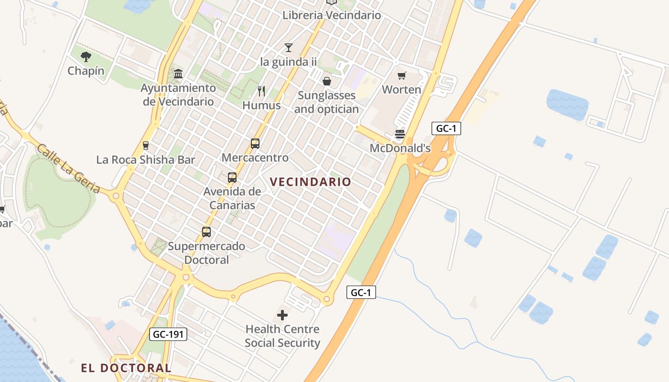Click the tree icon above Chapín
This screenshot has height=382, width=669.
pyautogui.click(x=86, y=57)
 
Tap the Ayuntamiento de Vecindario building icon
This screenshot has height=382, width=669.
pyautogui.click(x=178, y=74)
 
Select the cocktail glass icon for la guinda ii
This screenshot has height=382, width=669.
pyautogui.click(x=288, y=47)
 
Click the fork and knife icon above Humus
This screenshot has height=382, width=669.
pyautogui.click(x=261, y=91)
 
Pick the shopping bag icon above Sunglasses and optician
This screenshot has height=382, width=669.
pyautogui.click(x=327, y=81)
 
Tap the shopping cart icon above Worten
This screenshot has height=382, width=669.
pyautogui.click(x=401, y=75)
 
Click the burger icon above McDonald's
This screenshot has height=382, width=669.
pyautogui.click(x=400, y=134)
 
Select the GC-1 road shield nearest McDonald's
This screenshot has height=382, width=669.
pyautogui.click(x=446, y=128)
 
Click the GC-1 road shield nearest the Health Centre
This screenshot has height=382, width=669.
pyautogui.click(x=361, y=292)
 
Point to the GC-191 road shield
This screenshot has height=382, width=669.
pyautogui.click(x=168, y=334)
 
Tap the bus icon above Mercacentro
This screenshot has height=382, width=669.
pyautogui.click(x=255, y=143)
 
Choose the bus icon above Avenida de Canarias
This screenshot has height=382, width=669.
pyautogui.click(x=232, y=178)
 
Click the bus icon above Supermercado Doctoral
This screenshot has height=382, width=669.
pyautogui.click(x=206, y=232)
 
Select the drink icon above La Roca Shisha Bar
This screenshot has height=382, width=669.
pyautogui.click(x=146, y=146)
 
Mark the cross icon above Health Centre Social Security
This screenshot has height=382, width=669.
pyautogui.click(x=282, y=315)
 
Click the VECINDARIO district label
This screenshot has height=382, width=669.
pyautogui.click(x=311, y=182)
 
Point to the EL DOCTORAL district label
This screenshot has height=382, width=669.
pyautogui.click(x=126, y=368)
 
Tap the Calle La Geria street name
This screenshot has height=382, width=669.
pyautogui.click(x=68, y=169)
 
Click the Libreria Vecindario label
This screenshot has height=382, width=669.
pyautogui.click(x=332, y=15)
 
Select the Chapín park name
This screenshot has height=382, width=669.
pyautogui.click(x=86, y=71)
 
